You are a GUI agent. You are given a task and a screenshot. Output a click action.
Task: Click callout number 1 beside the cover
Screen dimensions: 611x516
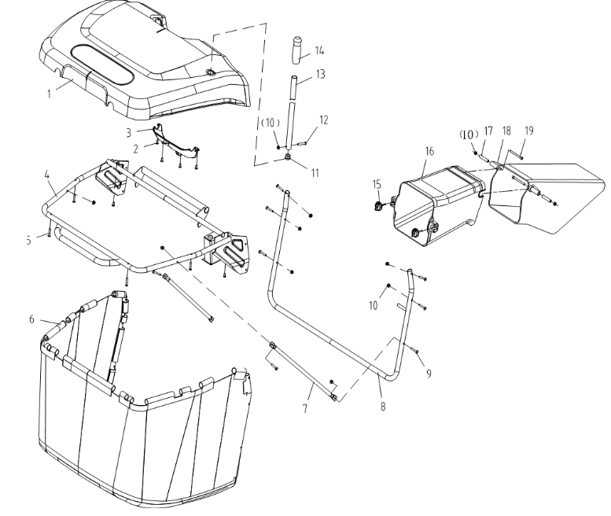coord(49,94)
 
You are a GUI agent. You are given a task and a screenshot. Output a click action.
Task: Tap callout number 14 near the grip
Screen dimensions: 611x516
coord(319,50)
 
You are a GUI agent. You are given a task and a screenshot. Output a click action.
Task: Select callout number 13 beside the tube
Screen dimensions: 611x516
coord(320,74)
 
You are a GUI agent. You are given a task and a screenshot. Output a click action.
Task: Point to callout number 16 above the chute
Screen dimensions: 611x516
coord(429,151)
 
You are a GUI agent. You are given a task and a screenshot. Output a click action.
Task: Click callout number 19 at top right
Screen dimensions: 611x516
coord(528,131)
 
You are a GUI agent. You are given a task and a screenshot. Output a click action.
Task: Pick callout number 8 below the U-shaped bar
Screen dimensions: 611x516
coord(383,406)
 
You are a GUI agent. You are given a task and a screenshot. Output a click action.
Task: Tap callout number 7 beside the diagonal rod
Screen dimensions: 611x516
coord(305,408)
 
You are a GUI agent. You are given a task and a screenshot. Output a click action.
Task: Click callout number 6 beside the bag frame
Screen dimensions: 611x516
coord(31,319)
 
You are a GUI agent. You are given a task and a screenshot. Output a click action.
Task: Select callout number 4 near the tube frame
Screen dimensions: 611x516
coord(47,175)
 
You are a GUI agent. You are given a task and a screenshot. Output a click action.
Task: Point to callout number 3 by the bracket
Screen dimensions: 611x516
coord(129,133)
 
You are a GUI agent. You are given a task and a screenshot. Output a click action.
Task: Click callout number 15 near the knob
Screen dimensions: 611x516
coord(377,184)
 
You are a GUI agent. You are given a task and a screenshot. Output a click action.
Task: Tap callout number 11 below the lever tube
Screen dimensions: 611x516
coord(315,172)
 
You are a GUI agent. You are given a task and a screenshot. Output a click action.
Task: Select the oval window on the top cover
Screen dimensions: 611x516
coord(102,65)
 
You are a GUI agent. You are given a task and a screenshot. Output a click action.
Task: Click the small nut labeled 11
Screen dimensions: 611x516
coord(288,157)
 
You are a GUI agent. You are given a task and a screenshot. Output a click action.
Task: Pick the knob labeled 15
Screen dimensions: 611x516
coord(377,206)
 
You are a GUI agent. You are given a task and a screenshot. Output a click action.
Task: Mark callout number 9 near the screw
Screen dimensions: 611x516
coord(429,374)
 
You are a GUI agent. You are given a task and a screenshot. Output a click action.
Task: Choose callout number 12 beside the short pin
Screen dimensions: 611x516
coord(323,120)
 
